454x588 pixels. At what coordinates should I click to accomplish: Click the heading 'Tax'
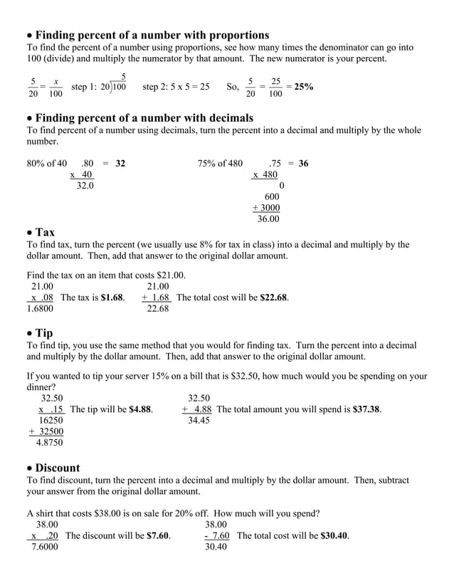click(x=45, y=232)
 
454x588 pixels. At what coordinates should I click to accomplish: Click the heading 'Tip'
click(x=44, y=332)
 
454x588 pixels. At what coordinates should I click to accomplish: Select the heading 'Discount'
click(x=58, y=468)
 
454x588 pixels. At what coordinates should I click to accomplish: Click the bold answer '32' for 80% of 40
click(x=120, y=163)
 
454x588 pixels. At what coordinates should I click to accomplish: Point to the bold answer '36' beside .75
click(x=303, y=163)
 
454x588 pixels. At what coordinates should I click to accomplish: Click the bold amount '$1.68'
click(x=113, y=298)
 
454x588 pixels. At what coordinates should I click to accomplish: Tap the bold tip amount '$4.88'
click(x=140, y=409)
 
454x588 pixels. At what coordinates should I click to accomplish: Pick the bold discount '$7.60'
click(x=158, y=535)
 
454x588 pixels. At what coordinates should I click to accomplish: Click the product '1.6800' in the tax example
click(x=41, y=309)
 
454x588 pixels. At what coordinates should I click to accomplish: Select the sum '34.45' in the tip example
click(x=199, y=421)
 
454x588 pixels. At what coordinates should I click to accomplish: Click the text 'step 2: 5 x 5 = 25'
click(x=176, y=87)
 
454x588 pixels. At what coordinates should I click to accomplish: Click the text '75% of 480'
click(x=220, y=163)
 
